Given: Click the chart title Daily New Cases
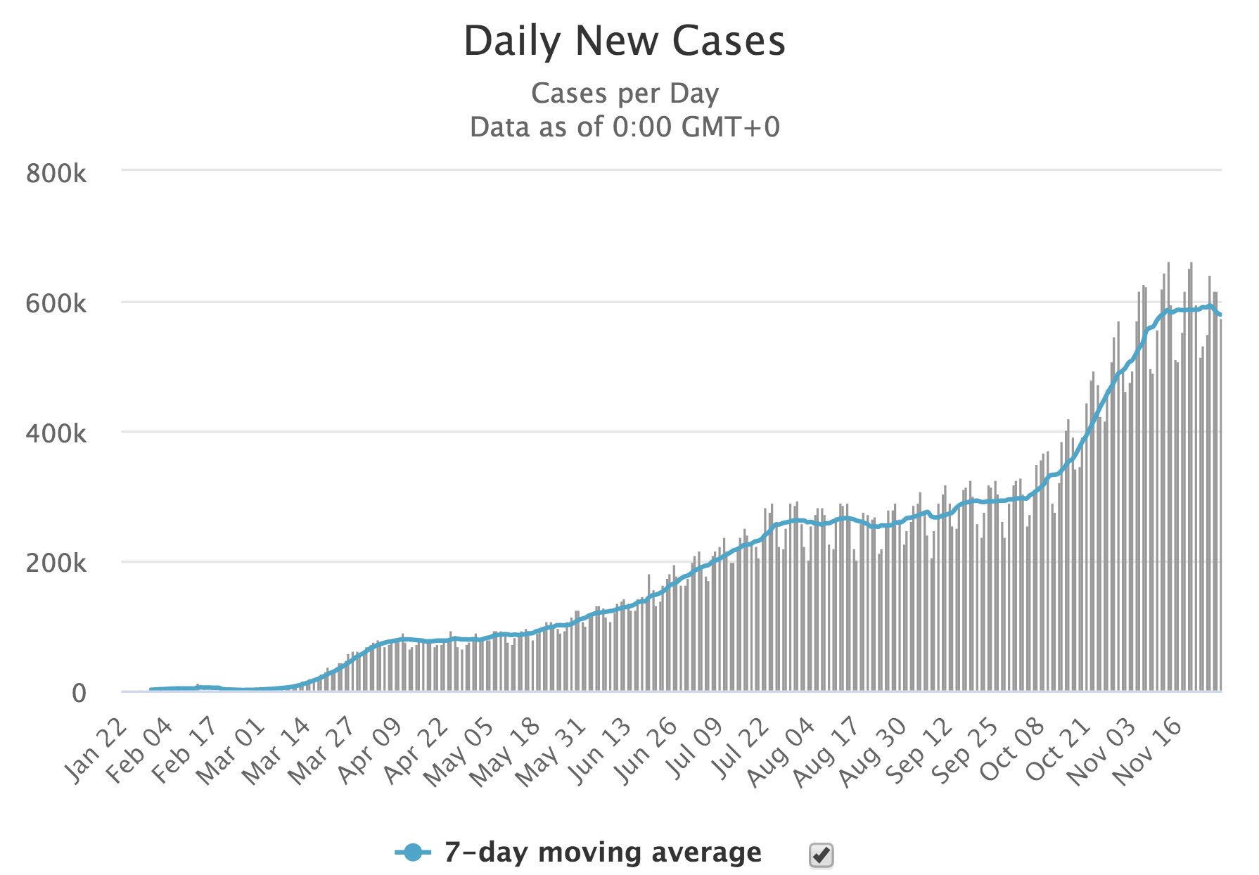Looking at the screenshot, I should tap(625, 41).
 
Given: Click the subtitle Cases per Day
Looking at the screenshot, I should tap(625, 94).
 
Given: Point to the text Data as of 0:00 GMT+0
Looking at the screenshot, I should tap(625, 127).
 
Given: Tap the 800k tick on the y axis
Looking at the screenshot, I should tap(56, 173).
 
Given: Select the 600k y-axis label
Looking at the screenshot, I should tap(56, 304).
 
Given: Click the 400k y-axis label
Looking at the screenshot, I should tap(56, 433).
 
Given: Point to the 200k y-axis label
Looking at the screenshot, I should tap(56, 563).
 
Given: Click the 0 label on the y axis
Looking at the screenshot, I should tap(79, 693).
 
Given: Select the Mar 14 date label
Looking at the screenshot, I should tap(278, 751).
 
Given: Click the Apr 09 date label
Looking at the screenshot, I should tap(370, 751).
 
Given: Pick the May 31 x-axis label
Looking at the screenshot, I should tap(552, 751).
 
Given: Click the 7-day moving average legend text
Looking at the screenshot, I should tap(603, 852).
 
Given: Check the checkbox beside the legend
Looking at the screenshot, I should tap(821, 855).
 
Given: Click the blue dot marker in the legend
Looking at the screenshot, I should tap(414, 853).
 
